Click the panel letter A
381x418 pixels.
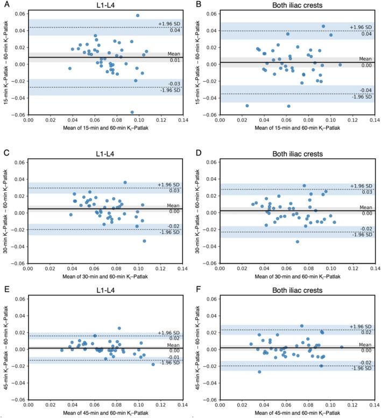coord(4,4)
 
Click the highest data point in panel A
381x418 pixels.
coord(137,16)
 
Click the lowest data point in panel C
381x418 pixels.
coord(144,241)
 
